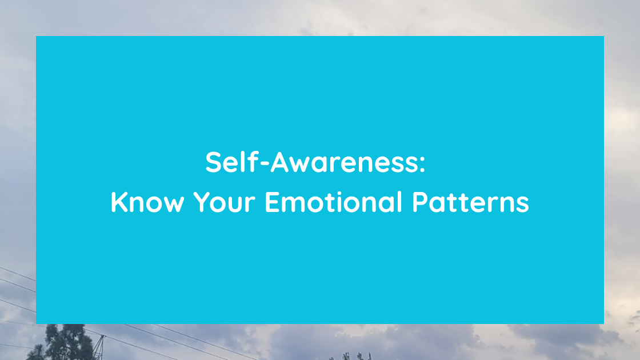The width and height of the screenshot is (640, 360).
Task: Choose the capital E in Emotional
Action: click(x=272, y=203)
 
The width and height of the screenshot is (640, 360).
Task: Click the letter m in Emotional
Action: click(x=294, y=205)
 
